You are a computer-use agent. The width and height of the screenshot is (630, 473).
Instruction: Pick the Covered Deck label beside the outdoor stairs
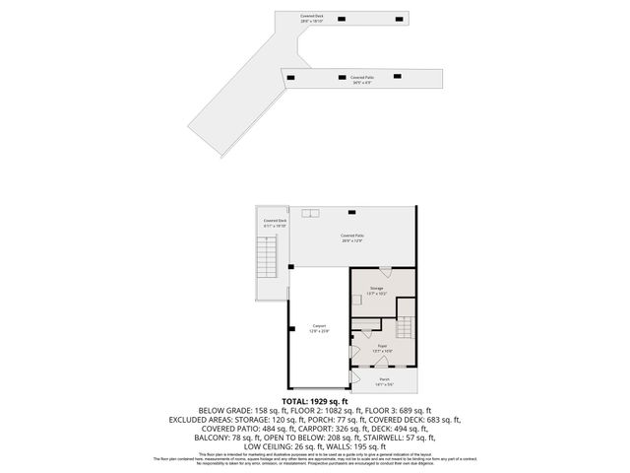point(275,222)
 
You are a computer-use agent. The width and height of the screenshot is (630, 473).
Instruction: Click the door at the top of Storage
point(384,270)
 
